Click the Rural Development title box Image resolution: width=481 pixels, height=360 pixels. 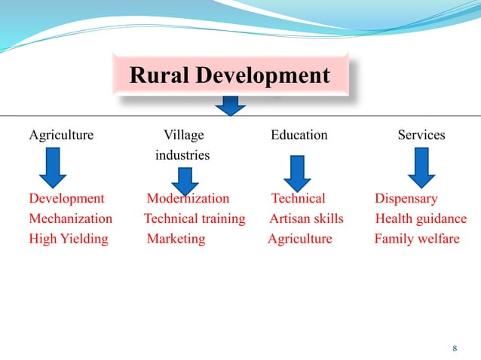point(230,76)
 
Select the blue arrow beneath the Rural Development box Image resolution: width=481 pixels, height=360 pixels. point(230,106)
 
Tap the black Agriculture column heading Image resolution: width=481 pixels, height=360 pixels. point(61,136)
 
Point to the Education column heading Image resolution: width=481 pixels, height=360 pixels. point(299,136)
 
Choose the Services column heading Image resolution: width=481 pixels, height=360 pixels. point(421,136)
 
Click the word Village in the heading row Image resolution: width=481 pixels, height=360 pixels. point(183,136)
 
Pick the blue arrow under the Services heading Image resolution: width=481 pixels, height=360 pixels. point(421,168)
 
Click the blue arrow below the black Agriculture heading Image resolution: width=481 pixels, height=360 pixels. point(53,168)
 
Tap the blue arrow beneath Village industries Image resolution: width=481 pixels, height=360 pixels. point(185,181)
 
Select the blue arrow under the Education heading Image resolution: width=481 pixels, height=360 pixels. point(297,173)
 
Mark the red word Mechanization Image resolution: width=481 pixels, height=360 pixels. point(70,219)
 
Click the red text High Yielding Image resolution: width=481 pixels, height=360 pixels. point(68,239)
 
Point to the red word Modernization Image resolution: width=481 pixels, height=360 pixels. point(188,199)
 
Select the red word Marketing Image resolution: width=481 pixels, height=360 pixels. point(176,239)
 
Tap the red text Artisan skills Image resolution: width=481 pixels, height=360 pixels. point(306,219)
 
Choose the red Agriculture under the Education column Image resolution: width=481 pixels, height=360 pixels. point(300,239)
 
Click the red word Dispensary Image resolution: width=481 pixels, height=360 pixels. point(406,199)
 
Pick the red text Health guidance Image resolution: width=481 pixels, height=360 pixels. point(421,219)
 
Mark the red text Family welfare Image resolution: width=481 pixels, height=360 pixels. point(417,239)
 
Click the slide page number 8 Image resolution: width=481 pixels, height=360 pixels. point(455,348)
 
